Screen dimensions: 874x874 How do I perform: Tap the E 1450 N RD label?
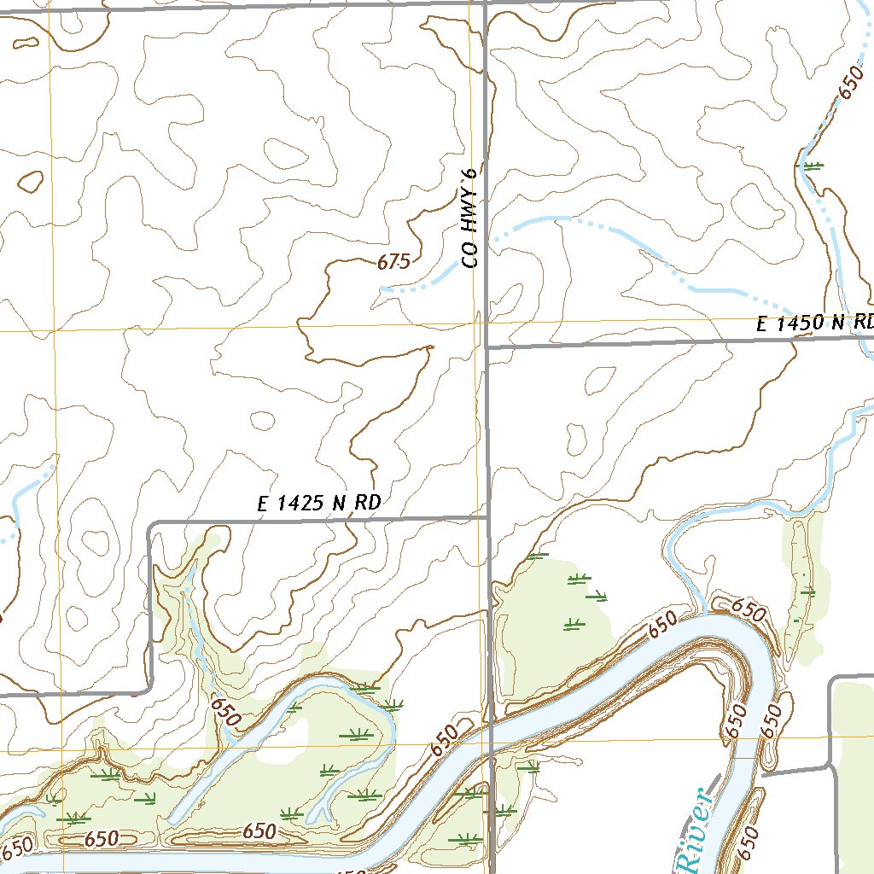pyautogui.click(x=815, y=323)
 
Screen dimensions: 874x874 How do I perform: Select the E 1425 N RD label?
pyautogui.click(x=318, y=504)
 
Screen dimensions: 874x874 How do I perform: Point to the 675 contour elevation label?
pyautogui.click(x=393, y=262)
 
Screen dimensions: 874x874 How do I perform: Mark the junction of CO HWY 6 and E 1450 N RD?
pyautogui.click(x=487, y=347)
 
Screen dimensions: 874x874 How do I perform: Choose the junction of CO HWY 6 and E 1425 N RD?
pyautogui.click(x=488, y=517)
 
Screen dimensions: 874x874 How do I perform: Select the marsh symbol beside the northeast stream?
pyautogui.click(x=813, y=166)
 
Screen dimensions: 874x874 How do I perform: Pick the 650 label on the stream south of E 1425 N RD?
pyautogui.click(x=224, y=710)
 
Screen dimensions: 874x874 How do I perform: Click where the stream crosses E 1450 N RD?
pyautogui.click(x=863, y=336)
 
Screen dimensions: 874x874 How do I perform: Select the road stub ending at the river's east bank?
pyautogui.click(x=764, y=776)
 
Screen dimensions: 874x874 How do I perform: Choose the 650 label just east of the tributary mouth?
pyautogui.click(x=748, y=610)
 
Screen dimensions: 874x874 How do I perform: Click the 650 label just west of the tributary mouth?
pyautogui.click(x=661, y=624)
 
